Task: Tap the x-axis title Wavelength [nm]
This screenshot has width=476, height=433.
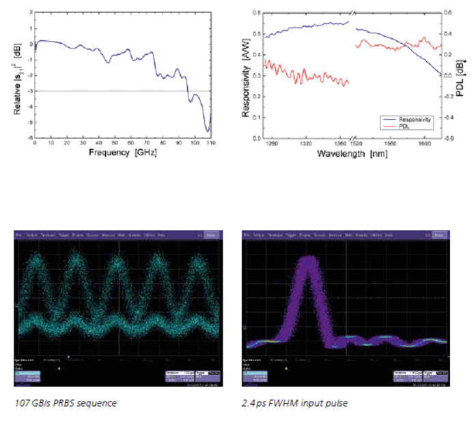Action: (x=352, y=155)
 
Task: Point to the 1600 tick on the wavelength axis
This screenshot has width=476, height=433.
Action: (x=423, y=144)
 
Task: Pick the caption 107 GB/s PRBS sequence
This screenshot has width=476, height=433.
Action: (x=65, y=403)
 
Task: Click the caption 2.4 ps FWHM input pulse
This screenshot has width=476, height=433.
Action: (x=295, y=403)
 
